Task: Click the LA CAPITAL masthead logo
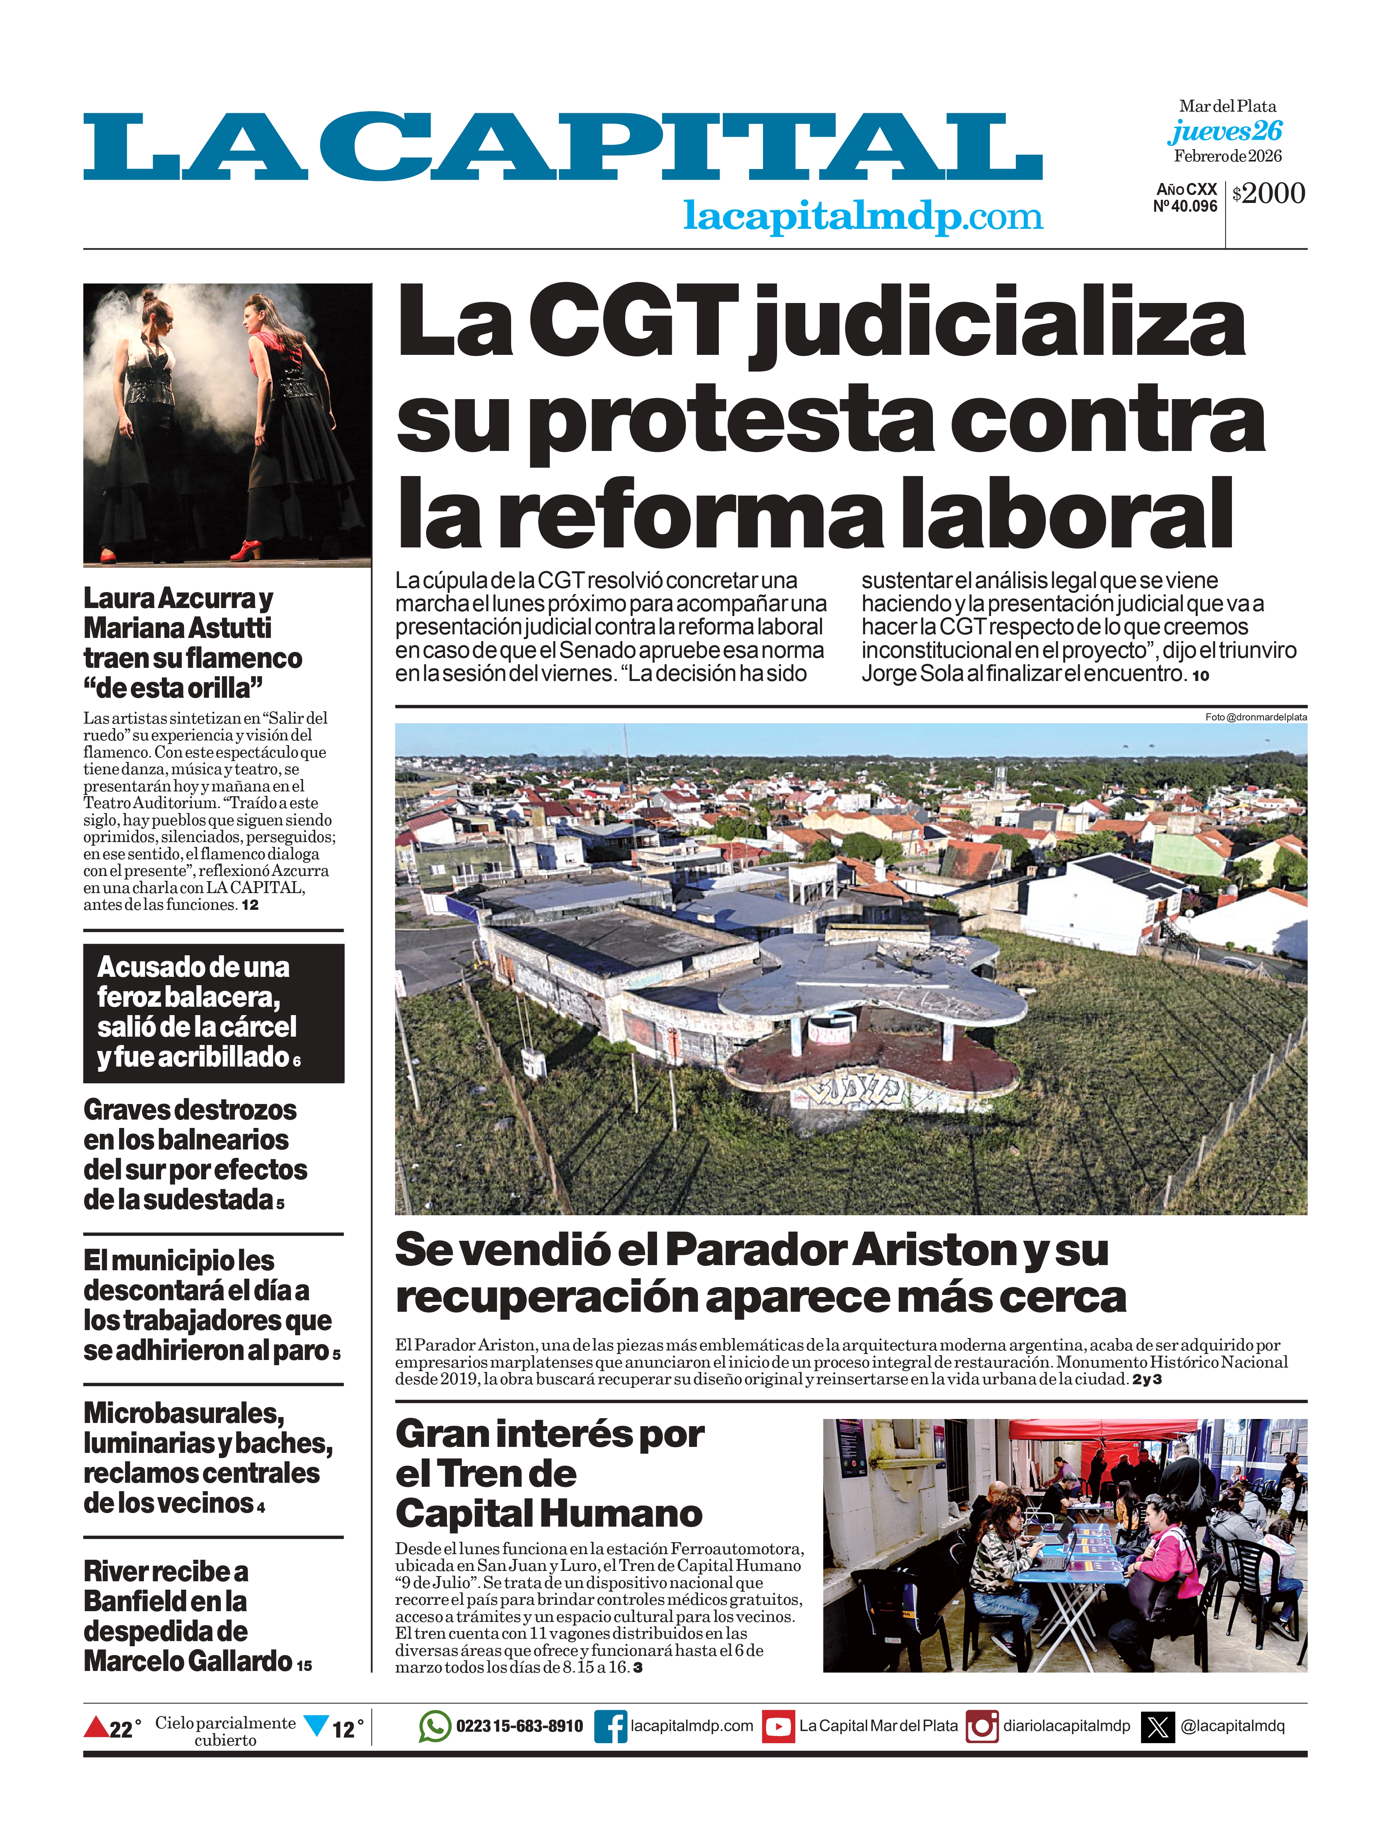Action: pyautogui.click(x=562, y=148)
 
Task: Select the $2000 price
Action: pyautogui.click(x=1268, y=194)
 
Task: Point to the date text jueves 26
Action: pyautogui.click(x=1225, y=131)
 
